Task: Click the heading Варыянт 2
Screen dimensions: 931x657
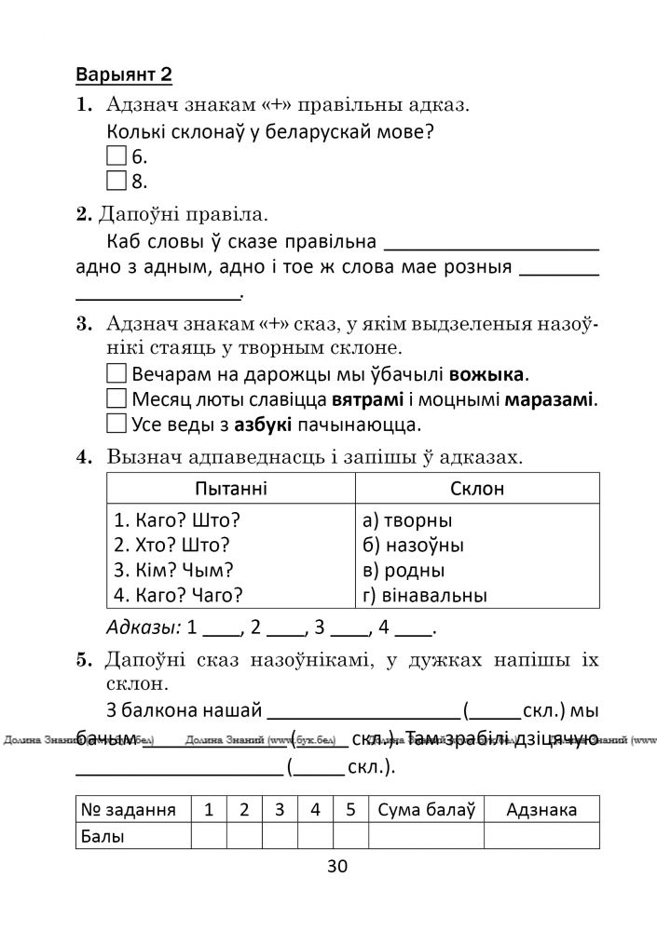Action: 124,74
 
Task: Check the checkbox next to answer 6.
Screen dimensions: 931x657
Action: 116,155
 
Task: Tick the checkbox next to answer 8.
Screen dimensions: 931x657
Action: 116,180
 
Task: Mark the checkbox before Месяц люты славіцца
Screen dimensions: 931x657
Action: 116,399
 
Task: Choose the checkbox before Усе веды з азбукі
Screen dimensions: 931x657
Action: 116,425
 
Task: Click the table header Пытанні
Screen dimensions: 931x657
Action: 229,489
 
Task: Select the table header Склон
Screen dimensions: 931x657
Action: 476,489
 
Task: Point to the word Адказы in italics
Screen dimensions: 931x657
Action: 144,626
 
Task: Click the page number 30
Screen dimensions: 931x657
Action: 336,867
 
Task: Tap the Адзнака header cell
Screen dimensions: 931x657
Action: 541,809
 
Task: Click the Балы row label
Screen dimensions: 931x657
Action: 103,836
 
